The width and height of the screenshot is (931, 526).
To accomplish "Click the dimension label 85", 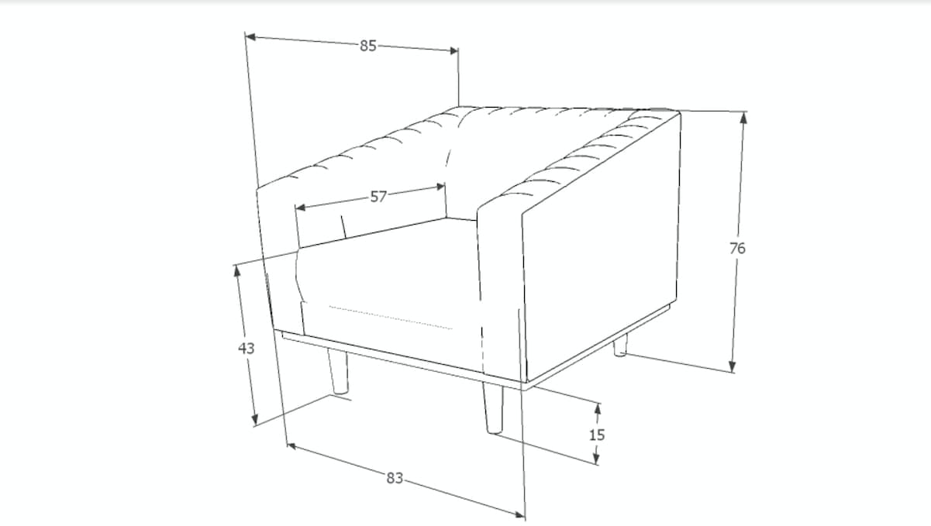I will pyautogui.click(x=367, y=46).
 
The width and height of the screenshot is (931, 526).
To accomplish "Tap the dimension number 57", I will pyautogui.click(x=378, y=197).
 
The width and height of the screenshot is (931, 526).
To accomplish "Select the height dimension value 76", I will pyautogui.click(x=737, y=249).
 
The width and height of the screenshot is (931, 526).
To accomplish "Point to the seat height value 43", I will pyautogui.click(x=246, y=349).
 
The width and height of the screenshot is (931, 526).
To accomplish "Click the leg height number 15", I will pyautogui.click(x=596, y=435).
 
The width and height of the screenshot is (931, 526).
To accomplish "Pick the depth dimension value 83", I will pyautogui.click(x=395, y=478).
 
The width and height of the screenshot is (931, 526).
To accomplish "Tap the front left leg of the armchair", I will pyautogui.click(x=338, y=373).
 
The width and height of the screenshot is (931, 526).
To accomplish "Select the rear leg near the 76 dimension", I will pyautogui.click(x=619, y=348).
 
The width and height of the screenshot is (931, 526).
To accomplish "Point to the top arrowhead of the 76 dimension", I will pyautogui.click(x=743, y=117).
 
